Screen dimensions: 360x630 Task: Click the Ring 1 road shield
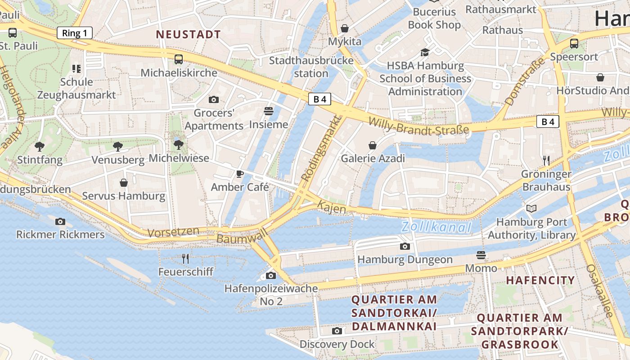tap(75, 33)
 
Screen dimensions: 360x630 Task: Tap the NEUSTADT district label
tap(188, 35)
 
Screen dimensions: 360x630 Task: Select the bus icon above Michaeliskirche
tap(179, 59)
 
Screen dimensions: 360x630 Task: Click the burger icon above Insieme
tap(269, 111)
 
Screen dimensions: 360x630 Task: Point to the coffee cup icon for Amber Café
tap(240, 174)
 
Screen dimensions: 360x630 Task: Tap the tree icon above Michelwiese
tap(179, 144)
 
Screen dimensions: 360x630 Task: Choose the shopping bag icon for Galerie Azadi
tap(373, 145)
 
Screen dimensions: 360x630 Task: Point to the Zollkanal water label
tap(436, 227)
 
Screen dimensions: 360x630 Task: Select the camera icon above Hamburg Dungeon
tap(405, 246)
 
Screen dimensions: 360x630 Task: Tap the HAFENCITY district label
tap(540, 280)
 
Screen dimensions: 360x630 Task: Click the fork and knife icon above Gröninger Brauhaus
tap(546, 160)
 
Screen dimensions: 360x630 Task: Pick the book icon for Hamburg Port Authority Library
tap(531, 208)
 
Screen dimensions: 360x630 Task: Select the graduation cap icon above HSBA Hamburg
tap(425, 53)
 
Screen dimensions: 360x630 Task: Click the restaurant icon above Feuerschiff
tap(185, 258)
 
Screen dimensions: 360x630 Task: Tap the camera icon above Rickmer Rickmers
tap(60, 221)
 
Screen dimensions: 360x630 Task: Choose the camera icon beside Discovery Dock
tap(337, 331)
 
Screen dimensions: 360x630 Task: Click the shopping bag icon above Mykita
tap(345, 28)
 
